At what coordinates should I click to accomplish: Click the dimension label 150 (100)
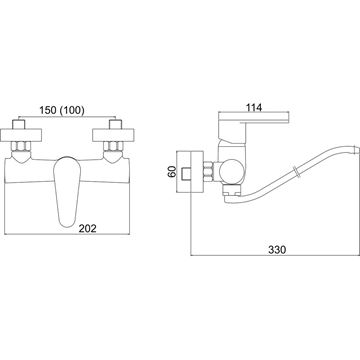click(x=62, y=110)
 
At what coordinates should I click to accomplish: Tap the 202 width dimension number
click(x=87, y=228)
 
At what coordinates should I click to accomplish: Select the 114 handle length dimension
click(x=254, y=107)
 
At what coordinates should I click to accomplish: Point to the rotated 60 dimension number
click(x=172, y=172)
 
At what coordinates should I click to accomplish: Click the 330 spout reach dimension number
click(x=277, y=250)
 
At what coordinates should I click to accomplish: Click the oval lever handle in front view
click(x=67, y=192)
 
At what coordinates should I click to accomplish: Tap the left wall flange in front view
click(x=21, y=135)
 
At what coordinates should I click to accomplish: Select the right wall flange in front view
click(x=113, y=135)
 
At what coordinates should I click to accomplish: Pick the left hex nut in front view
click(x=21, y=146)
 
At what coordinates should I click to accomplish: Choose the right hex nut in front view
click(x=113, y=146)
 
